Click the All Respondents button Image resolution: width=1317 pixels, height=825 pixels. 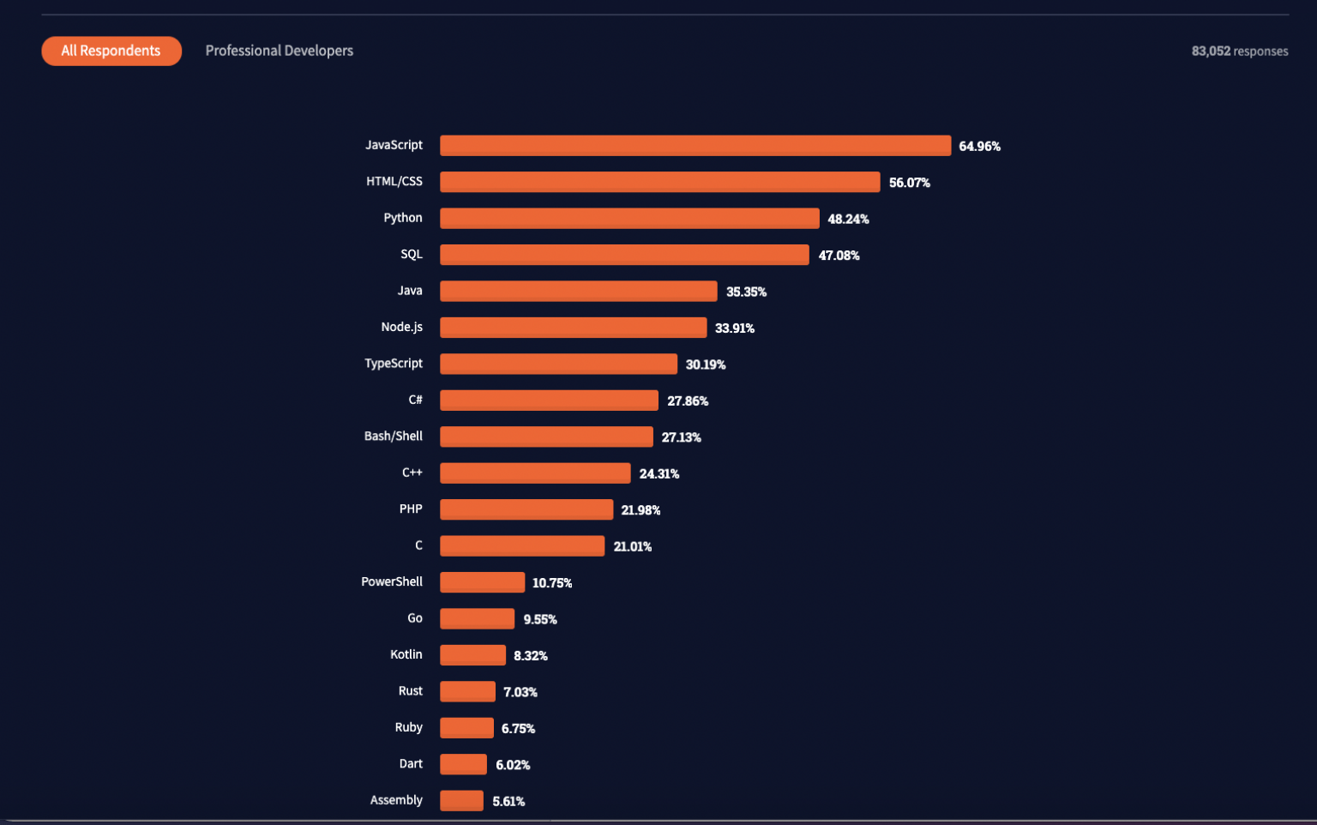111,51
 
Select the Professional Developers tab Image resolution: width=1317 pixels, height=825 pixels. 279,51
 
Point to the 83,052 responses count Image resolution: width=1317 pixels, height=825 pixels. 1239,51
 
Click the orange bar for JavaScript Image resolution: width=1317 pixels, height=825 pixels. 695,146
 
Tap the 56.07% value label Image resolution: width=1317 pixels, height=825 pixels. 909,183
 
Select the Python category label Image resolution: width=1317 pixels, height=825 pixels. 402,218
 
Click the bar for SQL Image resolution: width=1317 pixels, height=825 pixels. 624,255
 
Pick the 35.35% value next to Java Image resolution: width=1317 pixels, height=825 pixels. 746,292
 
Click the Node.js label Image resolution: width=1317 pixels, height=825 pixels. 401,327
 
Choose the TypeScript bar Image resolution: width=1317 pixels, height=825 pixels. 558,364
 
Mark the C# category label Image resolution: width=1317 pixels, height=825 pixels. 415,400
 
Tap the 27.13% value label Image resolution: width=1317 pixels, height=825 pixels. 681,437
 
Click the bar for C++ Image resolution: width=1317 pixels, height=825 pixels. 535,473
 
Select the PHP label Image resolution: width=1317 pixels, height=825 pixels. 410,509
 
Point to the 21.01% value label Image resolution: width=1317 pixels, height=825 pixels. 632,546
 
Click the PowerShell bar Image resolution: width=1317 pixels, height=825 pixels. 482,582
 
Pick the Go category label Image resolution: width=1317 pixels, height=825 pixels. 414,618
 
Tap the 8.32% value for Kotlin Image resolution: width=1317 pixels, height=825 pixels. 530,656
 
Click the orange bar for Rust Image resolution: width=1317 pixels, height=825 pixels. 467,691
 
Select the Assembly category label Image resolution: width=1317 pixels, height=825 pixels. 396,800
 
